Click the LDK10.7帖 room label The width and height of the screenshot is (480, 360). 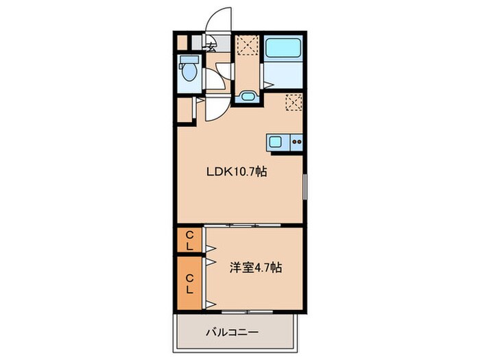coord(237,173)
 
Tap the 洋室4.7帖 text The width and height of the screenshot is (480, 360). coord(255,267)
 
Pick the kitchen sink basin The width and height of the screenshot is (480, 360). coord(275,143)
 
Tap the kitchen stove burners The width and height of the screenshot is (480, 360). coord(297,143)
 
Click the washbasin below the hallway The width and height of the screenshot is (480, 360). coord(247,97)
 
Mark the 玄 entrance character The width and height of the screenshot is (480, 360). coord(213,47)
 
